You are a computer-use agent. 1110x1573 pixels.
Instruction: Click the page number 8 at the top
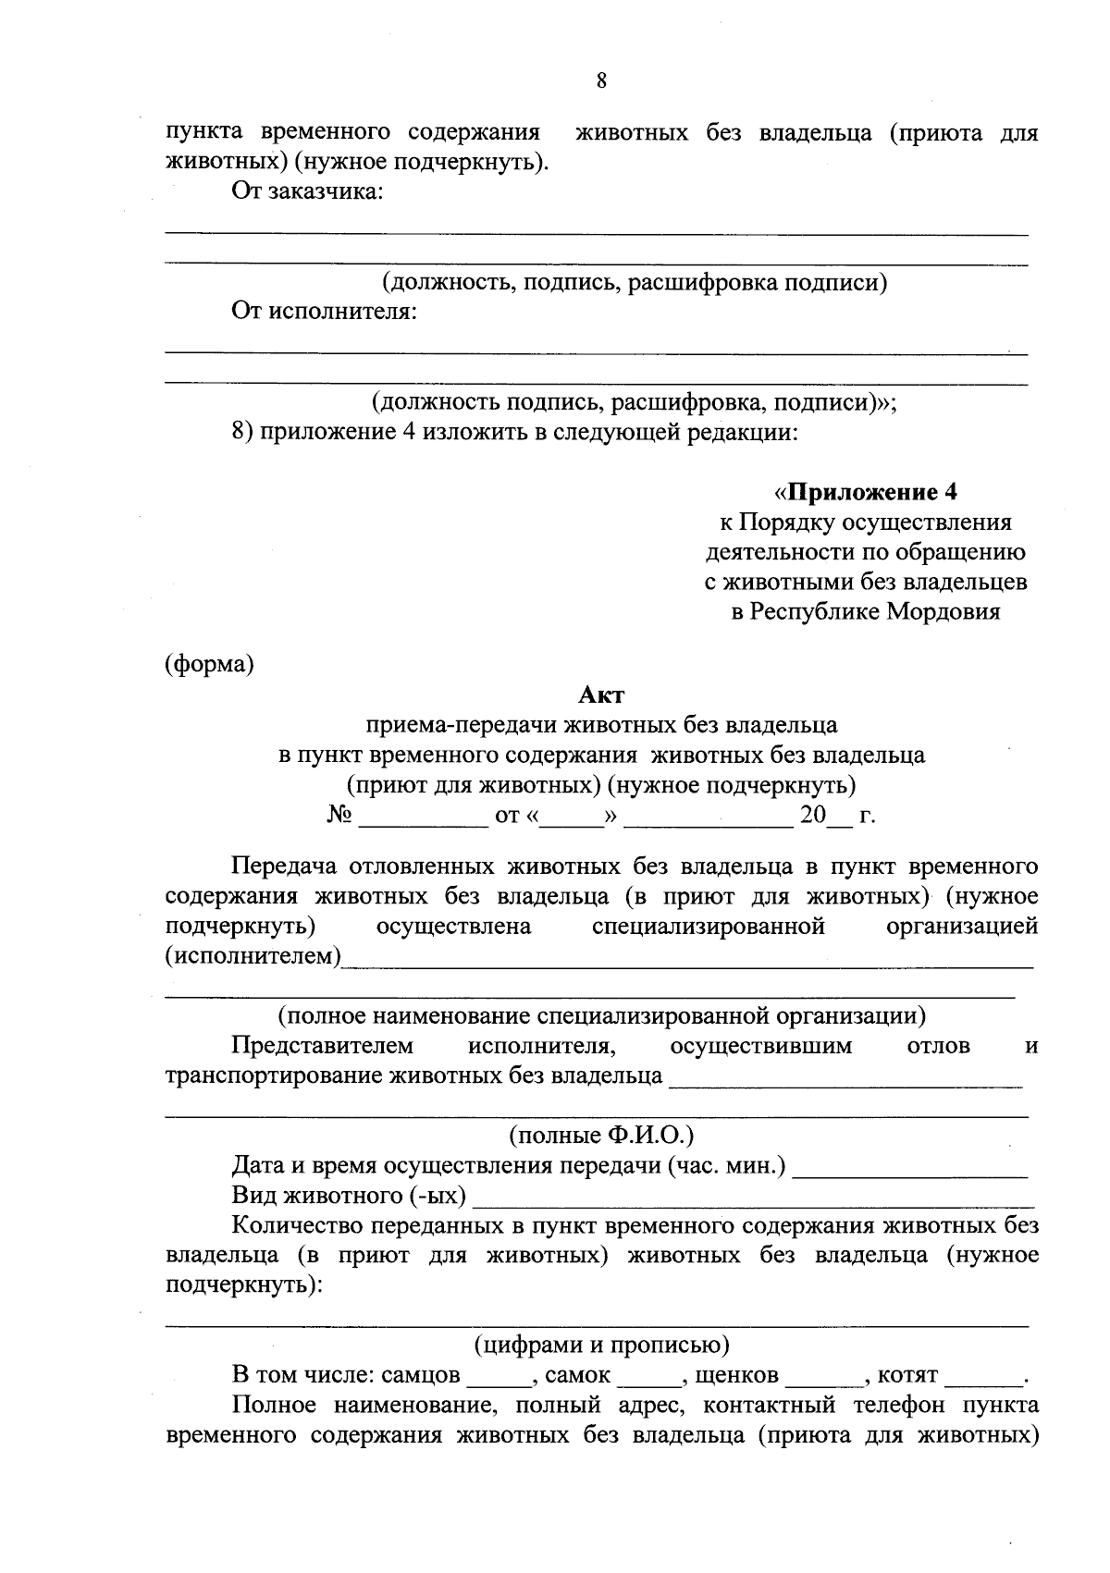[601, 80]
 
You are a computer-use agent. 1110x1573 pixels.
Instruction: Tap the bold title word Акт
[601, 694]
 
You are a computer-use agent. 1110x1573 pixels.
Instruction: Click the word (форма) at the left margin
[209, 664]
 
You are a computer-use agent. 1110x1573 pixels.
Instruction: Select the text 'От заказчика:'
[307, 192]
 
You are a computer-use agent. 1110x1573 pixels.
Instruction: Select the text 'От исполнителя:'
[324, 312]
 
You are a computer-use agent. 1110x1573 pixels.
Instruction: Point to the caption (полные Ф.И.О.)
[601, 1135]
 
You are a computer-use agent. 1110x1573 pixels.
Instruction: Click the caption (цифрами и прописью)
[601, 1344]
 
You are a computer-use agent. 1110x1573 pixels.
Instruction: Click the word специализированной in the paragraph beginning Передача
[708, 926]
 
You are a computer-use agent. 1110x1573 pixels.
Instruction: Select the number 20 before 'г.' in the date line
[812, 816]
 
